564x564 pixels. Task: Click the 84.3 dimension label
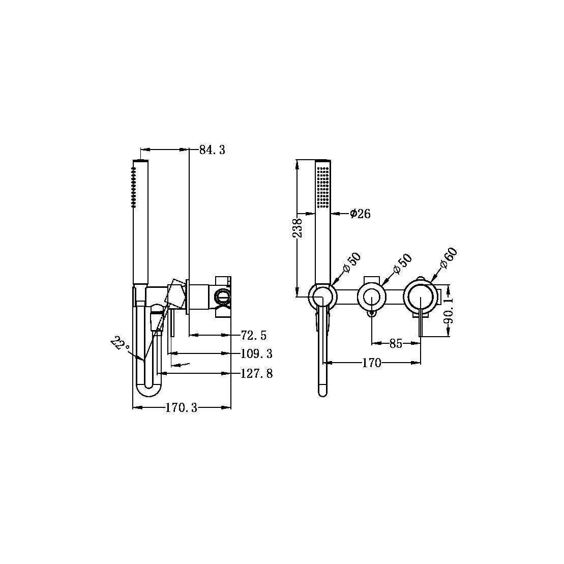(212, 150)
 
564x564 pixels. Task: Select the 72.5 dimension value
(254, 335)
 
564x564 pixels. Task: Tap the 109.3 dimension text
(256, 354)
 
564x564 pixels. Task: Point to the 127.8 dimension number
(256, 374)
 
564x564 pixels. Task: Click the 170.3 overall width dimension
(181, 408)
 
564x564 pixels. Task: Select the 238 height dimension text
(298, 228)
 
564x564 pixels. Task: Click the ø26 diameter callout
(360, 214)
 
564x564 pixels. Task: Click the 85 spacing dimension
(396, 344)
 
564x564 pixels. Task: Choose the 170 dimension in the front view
(371, 363)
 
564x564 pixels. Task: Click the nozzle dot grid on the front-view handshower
(322, 186)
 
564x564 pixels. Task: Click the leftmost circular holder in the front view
(322, 296)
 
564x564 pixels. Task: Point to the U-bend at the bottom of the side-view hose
(149, 389)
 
